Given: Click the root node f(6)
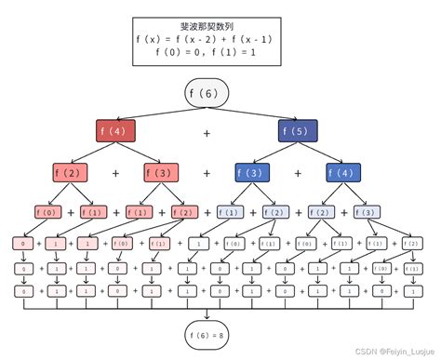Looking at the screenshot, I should tap(207, 95).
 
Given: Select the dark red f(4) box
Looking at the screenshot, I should tap(117, 132).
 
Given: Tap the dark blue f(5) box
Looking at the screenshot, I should tap(298, 132).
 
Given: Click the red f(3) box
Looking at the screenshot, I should tap(162, 173).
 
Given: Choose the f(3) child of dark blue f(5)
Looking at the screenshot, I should tap(252, 173).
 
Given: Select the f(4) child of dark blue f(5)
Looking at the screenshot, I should tap(344, 173).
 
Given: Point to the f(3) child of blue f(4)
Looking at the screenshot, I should tap(367, 212).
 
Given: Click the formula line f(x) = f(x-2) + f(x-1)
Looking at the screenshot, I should tap(207, 39).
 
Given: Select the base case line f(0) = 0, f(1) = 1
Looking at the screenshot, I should tap(207, 52).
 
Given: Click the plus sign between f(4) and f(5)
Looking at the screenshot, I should tap(207, 133).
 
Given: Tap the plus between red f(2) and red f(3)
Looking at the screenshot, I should tap(116, 173).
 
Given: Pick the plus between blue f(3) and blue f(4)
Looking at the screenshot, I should tap(298, 173).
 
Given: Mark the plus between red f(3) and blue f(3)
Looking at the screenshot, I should tap(207, 173).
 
